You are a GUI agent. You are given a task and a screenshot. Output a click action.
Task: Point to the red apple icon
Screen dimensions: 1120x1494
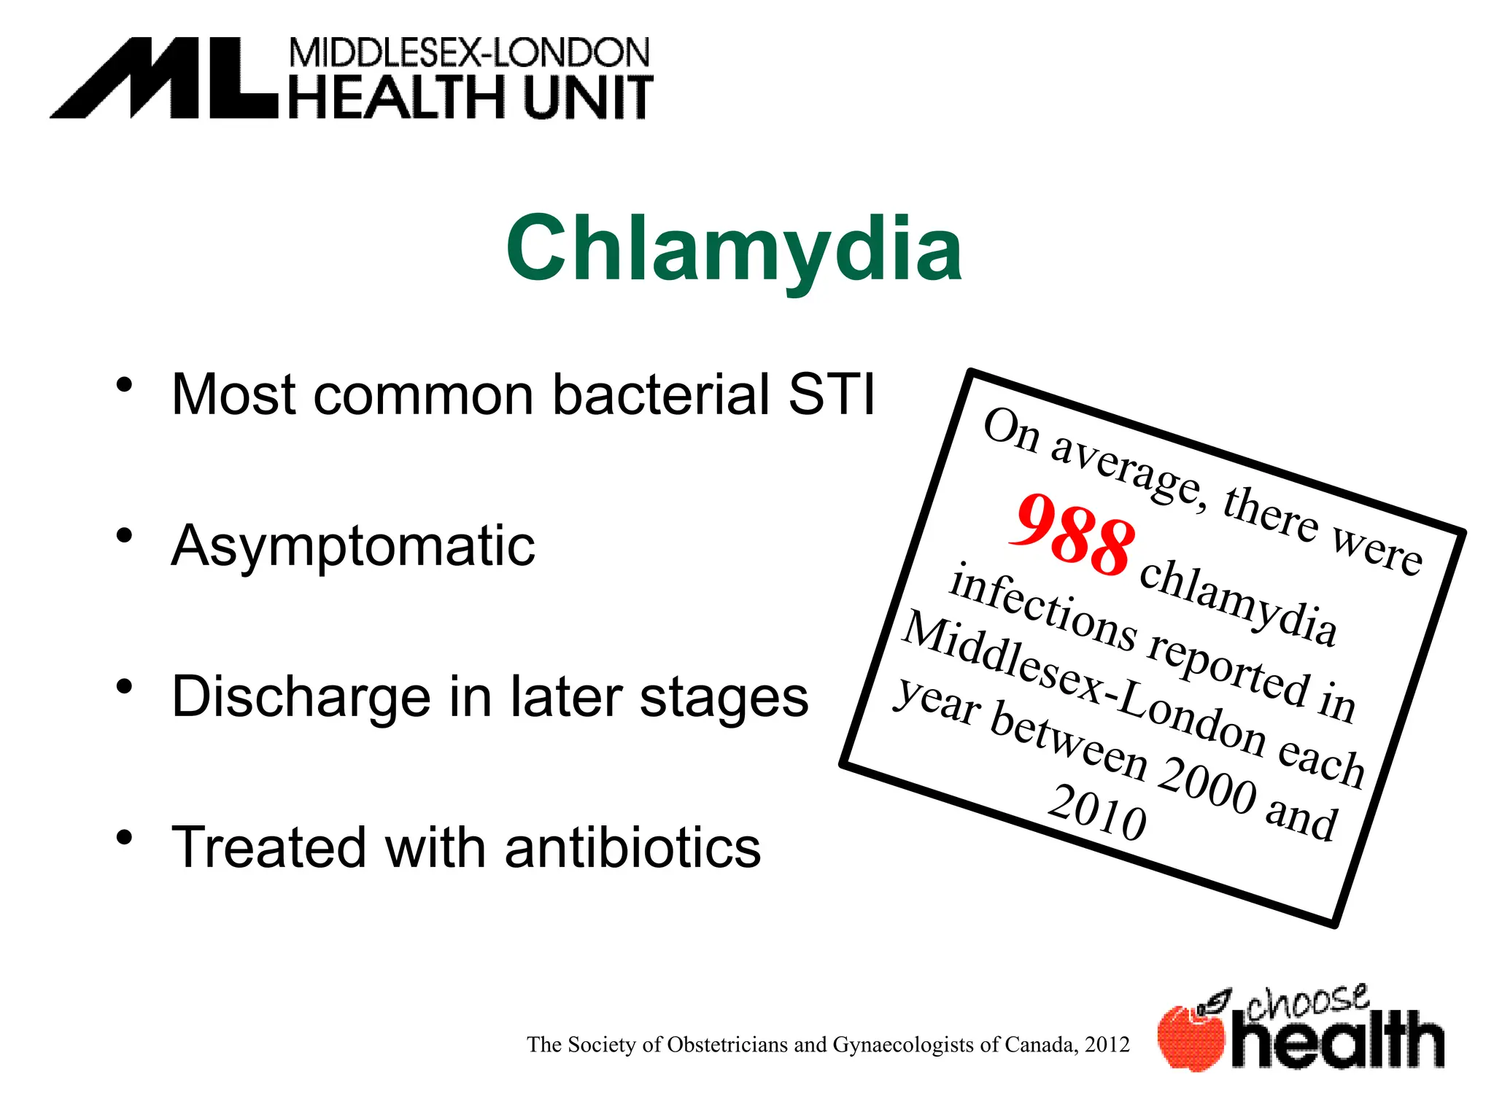1191,1038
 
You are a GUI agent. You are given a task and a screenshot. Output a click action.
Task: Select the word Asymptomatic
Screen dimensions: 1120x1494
353,546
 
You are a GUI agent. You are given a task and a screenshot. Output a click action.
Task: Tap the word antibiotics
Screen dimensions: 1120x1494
632,848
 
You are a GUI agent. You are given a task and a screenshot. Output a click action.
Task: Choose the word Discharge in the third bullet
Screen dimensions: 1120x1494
301,697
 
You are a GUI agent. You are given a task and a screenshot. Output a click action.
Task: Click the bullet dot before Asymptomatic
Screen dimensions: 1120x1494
125,535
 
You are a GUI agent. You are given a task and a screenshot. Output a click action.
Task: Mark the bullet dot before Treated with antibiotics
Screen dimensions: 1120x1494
125,837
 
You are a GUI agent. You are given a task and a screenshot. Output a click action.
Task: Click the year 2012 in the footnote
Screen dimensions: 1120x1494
1107,1045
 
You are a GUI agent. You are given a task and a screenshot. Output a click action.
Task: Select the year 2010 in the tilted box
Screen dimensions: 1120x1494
1097,812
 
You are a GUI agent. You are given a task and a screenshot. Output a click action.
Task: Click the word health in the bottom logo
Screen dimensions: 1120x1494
1337,1041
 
